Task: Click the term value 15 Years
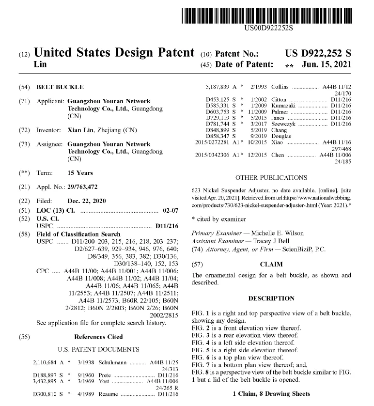80,173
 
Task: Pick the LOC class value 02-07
169,212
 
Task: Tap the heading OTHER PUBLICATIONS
271,178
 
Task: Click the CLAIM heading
271,265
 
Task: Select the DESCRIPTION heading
271,298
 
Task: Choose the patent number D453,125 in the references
216,99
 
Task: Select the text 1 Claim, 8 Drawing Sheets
271,394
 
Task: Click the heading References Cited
98,337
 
